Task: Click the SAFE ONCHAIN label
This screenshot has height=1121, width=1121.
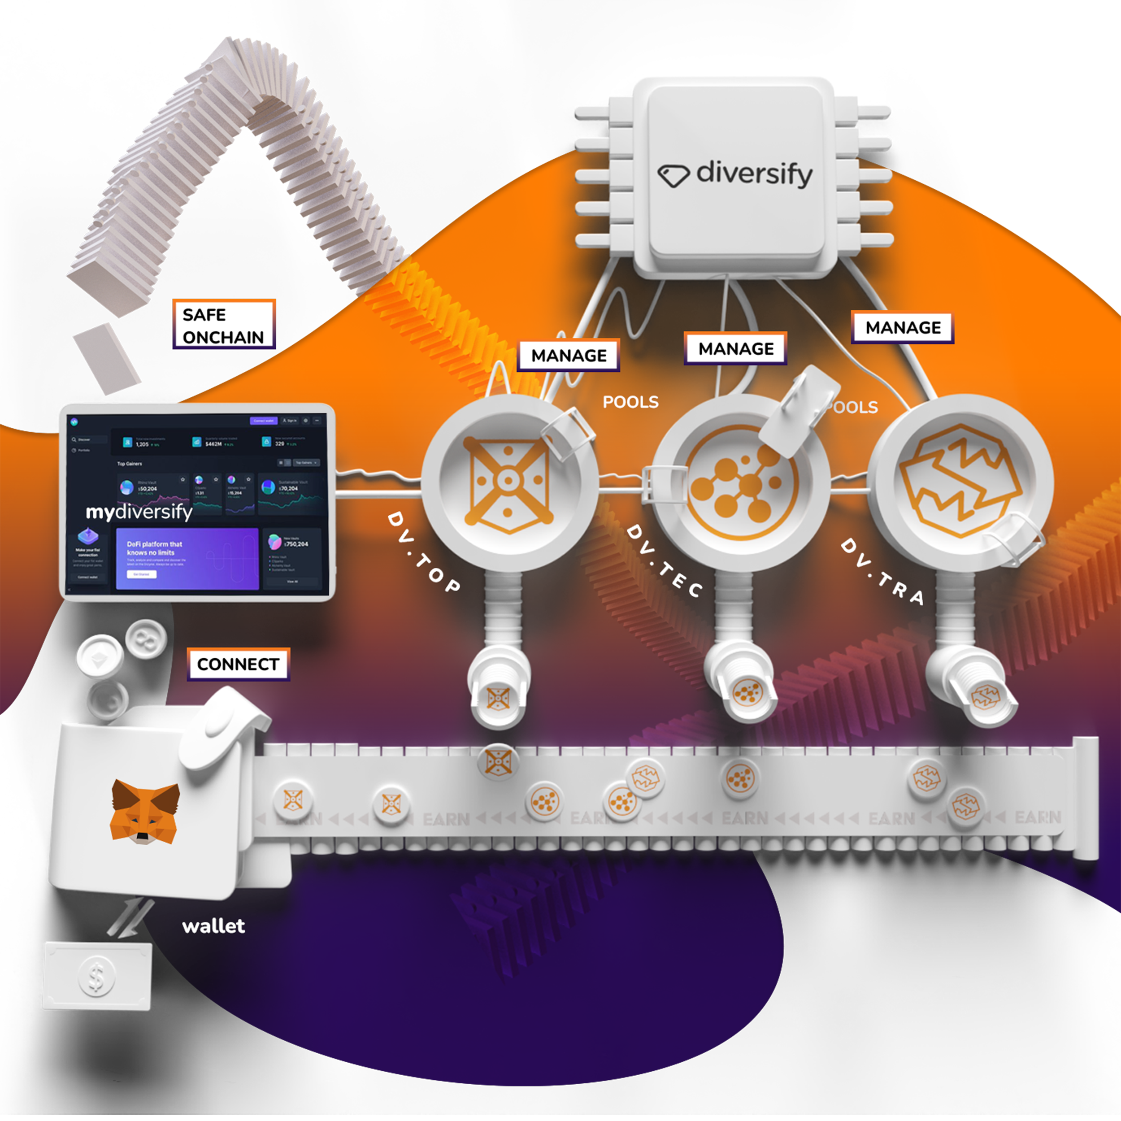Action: [x=223, y=325]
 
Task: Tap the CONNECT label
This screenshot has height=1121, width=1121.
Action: [x=238, y=664]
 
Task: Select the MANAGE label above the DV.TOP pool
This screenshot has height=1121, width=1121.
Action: [x=569, y=355]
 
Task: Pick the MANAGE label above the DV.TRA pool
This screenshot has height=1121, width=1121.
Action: [x=903, y=328]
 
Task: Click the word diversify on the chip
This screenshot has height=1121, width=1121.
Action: [x=754, y=174]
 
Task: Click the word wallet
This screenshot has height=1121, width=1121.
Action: [x=213, y=926]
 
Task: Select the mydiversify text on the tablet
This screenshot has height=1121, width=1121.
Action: [x=139, y=512]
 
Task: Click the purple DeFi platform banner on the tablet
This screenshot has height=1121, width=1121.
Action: [x=187, y=558]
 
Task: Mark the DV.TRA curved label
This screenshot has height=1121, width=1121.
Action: [x=882, y=572]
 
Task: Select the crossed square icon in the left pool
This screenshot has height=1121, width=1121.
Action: [x=507, y=482]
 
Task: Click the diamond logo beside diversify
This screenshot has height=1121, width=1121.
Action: [x=673, y=175]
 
